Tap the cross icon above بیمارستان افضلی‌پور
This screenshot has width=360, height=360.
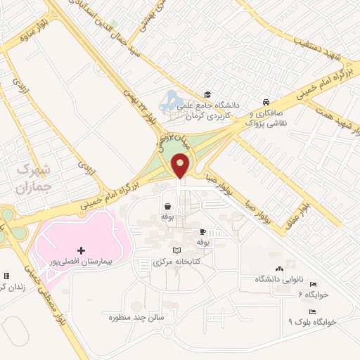[x=82, y=250]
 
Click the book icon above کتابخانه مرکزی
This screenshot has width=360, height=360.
[x=176, y=250]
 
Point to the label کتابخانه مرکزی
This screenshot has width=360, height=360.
[x=176, y=261]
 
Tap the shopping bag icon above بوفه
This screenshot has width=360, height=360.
[x=168, y=207]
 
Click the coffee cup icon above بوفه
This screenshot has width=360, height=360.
[x=202, y=231]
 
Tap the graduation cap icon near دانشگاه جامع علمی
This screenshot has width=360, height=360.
[x=207, y=94]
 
